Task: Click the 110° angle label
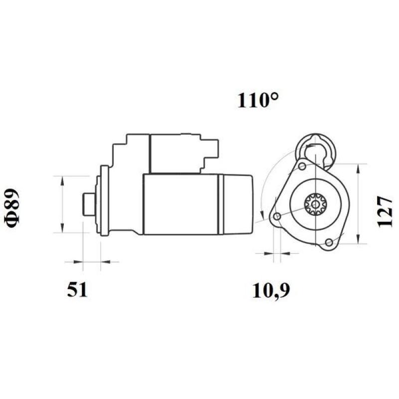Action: pos(257,101)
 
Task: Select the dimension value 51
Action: pos(77,290)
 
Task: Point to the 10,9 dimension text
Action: pos(271,290)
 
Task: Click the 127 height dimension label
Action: pos(385,211)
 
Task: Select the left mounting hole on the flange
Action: pos(277,216)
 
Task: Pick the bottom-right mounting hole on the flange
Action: pos(328,242)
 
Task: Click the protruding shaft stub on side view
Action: pos(88,204)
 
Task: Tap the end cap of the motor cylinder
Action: pos(236,204)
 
